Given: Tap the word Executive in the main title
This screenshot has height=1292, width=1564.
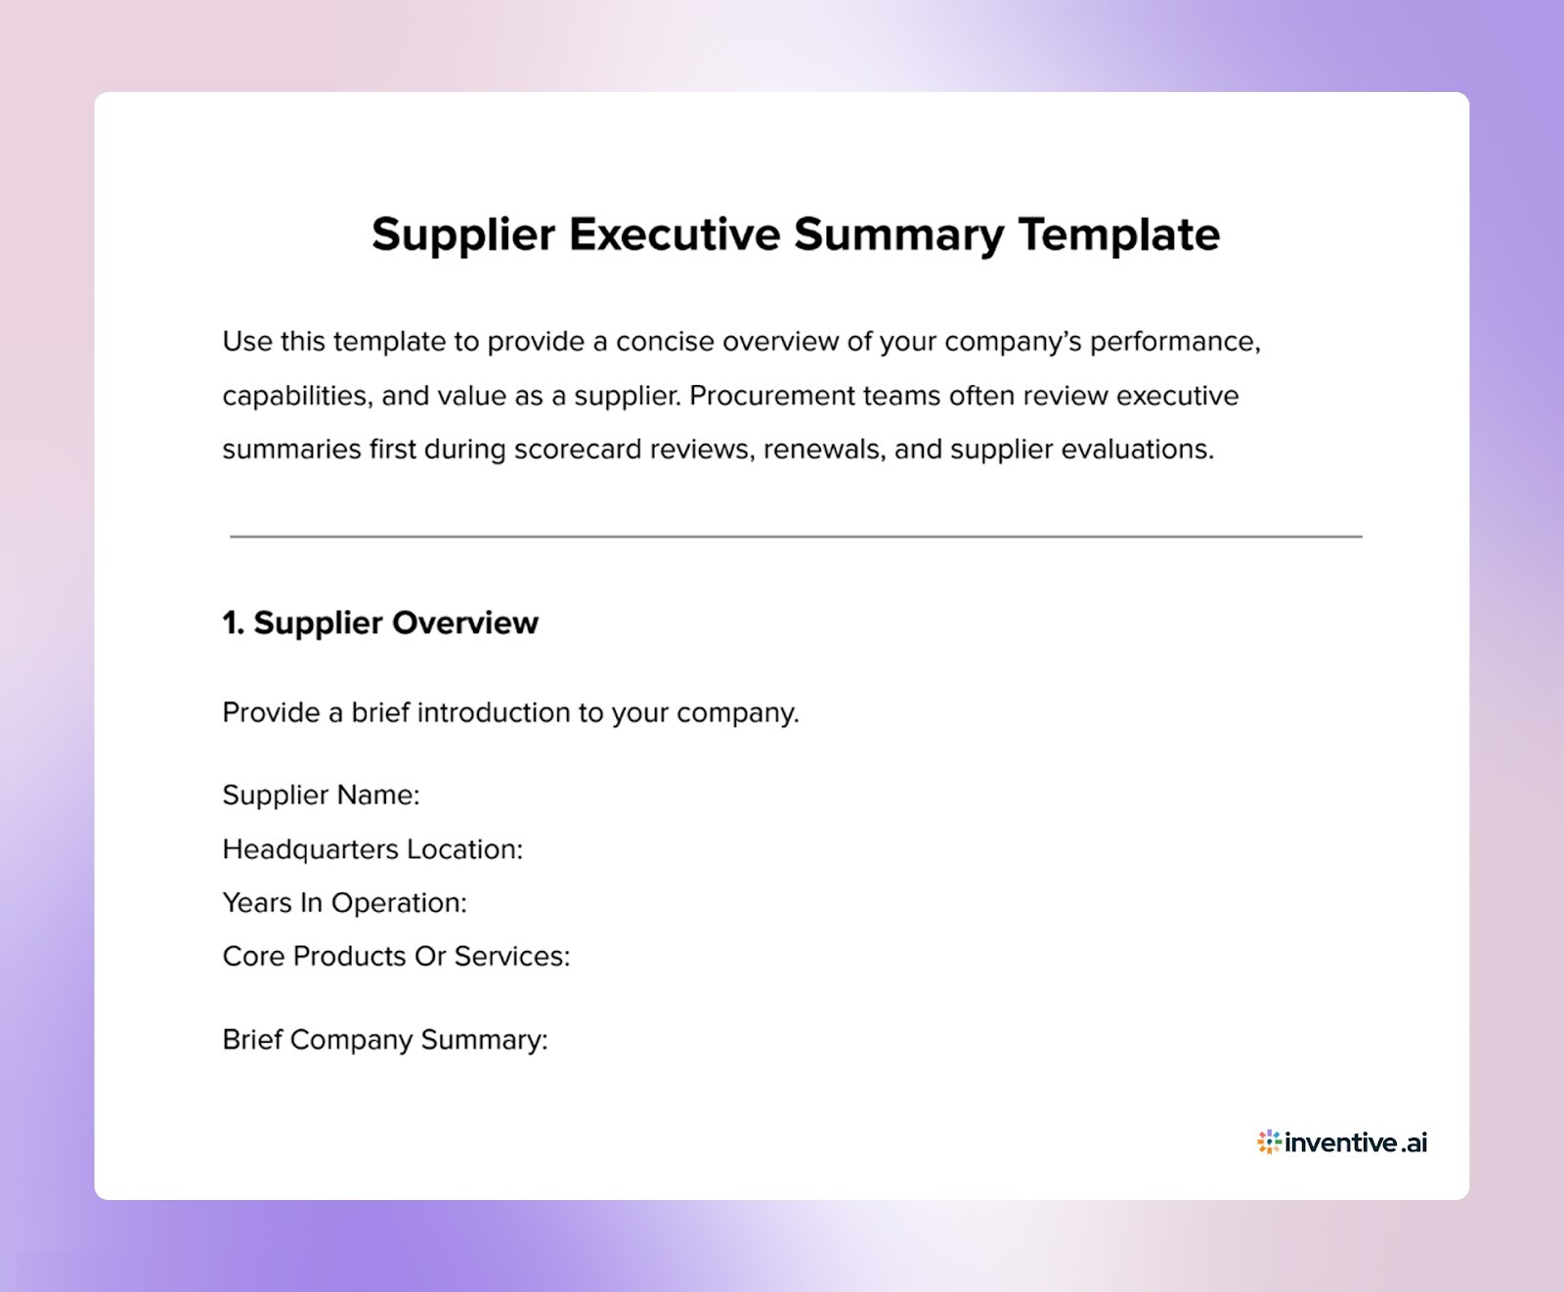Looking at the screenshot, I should pyautogui.click(x=673, y=235).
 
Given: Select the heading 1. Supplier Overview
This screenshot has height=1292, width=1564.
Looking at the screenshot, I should pyautogui.click(x=380, y=624).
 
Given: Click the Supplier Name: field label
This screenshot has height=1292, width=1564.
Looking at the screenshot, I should pyautogui.click(x=321, y=796).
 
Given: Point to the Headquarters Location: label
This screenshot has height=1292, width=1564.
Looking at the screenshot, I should pyautogui.click(x=372, y=849).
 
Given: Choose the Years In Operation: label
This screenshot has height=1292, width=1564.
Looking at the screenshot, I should pyautogui.click(x=344, y=903).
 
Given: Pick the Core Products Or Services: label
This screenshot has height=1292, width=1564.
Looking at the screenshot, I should pyautogui.click(x=396, y=956).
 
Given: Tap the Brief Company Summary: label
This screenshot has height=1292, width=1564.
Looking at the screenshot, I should pyautogui.click(x=385, y=1040).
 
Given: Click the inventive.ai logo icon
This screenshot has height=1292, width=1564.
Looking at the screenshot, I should pyautogui.click(x=1269, y=1141).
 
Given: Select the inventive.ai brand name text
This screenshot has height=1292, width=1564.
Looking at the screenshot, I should pyautogui.click(x=1357, y=1142).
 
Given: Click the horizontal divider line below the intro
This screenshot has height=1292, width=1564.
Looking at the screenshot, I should pyautogui.click(x=796, y=537).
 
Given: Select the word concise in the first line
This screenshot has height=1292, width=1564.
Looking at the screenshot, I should pyautogui.click(x=665, y=342).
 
